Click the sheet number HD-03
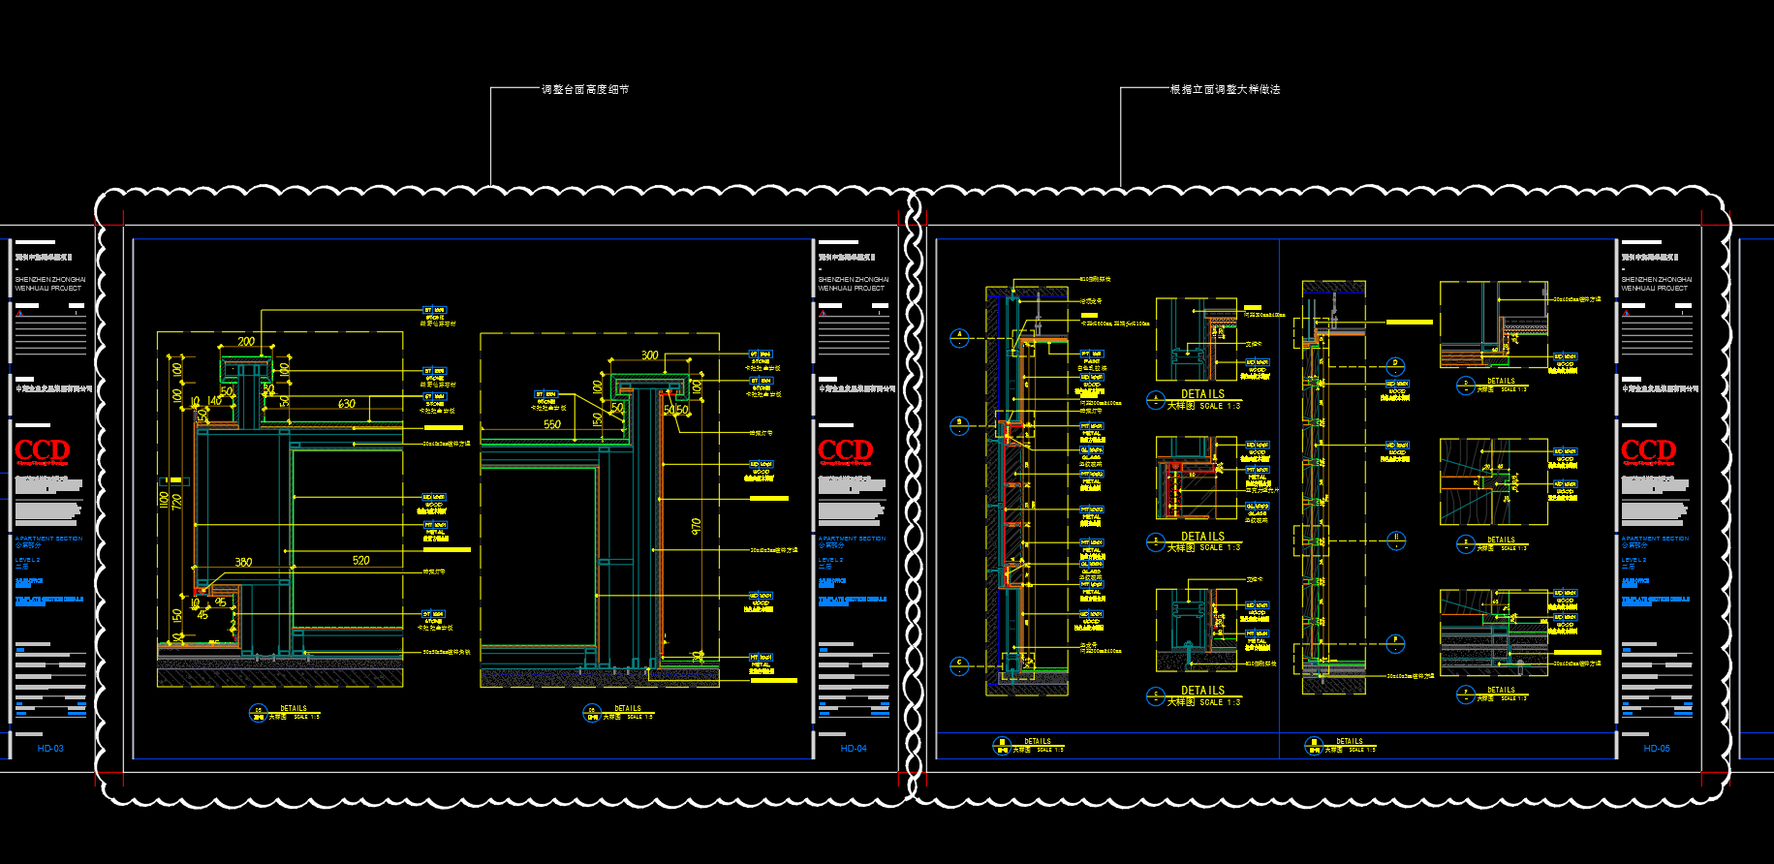50,749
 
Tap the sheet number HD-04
854,749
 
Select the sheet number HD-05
1657,749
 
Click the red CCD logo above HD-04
845,450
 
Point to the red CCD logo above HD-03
42,450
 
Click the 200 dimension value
246,341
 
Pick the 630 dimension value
347,404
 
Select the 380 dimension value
243,562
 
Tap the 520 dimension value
360,561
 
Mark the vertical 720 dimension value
176,502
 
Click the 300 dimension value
649,355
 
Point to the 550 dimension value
551,424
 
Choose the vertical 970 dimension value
696,526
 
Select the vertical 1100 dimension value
164,501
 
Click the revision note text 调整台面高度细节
585,89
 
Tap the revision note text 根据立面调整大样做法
1225,89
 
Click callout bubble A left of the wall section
959,337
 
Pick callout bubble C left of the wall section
959,664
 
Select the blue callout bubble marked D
1395,365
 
